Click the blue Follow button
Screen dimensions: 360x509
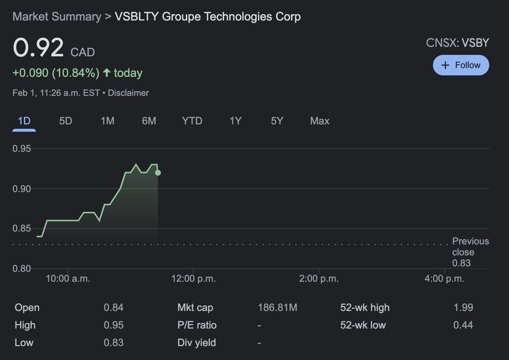pos(461,65)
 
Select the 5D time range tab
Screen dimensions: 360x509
pos(65,121)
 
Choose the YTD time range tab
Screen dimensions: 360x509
pos(192,121)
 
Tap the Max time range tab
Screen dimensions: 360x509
pos(319,121)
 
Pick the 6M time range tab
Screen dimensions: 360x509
pos(149,121)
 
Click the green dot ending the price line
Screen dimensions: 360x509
pos(158,173)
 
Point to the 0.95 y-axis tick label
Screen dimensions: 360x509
pos(22,149)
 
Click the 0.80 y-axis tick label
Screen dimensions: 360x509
pos(22,268)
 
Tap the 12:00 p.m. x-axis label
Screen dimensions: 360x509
pos(193,279)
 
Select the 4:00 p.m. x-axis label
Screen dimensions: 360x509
pos(444,279)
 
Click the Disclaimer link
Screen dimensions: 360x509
pos(128,93)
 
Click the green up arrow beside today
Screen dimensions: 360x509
pos(107,73)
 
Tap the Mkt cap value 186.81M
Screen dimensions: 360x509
pos(277,308)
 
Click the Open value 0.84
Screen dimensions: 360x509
pos(113,308)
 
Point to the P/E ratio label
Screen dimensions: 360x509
pos(197,325)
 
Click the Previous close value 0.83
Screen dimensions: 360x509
pos(461,263)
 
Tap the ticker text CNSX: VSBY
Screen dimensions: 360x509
pos(457,43)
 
